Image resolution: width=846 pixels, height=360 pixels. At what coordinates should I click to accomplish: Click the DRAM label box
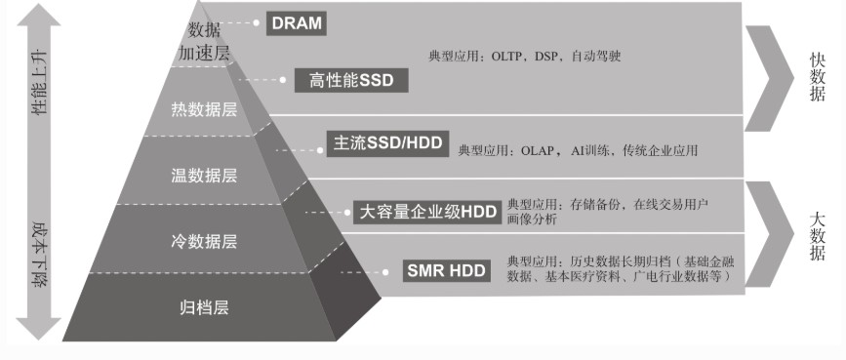click(295, 22)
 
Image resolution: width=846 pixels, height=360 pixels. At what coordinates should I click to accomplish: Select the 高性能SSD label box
click(351, 80)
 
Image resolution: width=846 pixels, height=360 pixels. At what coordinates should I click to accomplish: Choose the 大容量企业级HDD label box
click(427, 211)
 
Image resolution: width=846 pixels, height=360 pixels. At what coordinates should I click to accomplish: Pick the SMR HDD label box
click(446, 270)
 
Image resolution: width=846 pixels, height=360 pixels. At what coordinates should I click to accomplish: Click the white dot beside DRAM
click(256, 21)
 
